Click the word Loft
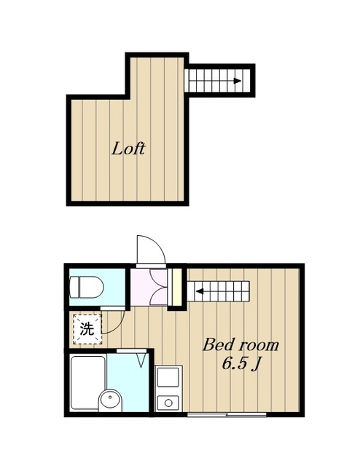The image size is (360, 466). click(x=128, y=149)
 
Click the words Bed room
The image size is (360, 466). click(x=240, y=344)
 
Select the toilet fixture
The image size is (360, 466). click(x=85, y=288)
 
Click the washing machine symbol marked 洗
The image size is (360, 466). click(x=87, y=328)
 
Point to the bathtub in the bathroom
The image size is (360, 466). click(x=86, y=382)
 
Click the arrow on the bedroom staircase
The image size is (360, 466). click(x=197, y=293)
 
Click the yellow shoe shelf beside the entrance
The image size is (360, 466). click(x=175, y=287)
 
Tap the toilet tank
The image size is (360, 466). click(x=74, y=288)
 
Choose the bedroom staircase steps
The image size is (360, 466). click(x=222, y=293)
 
